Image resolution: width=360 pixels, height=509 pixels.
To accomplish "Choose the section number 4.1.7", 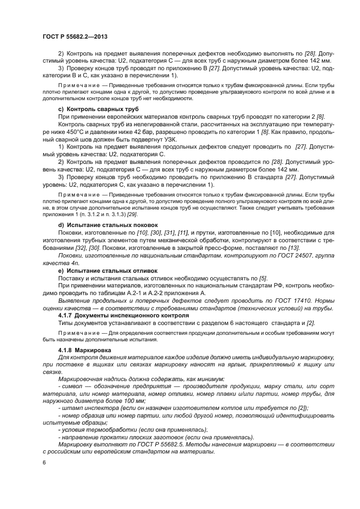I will click(65, 315).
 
